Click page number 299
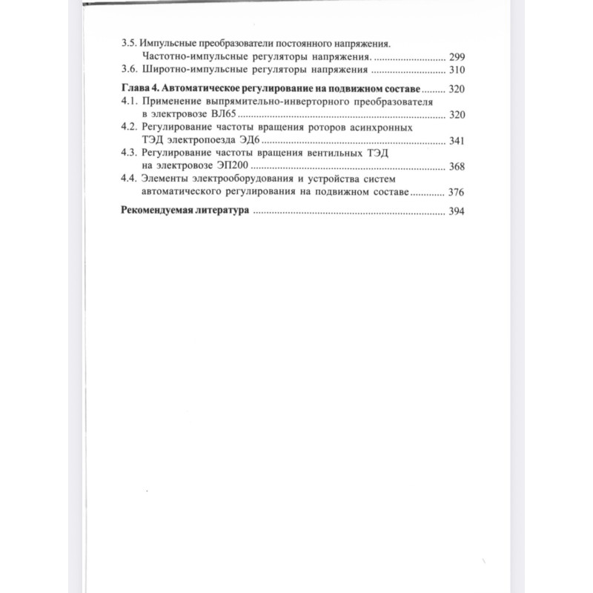point(457,56)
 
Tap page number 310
point(457,70)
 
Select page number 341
point(457,141)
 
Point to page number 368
point(457,167)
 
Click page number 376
point(457,193)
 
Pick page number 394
point(457,212)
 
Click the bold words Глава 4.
point(139,89)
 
